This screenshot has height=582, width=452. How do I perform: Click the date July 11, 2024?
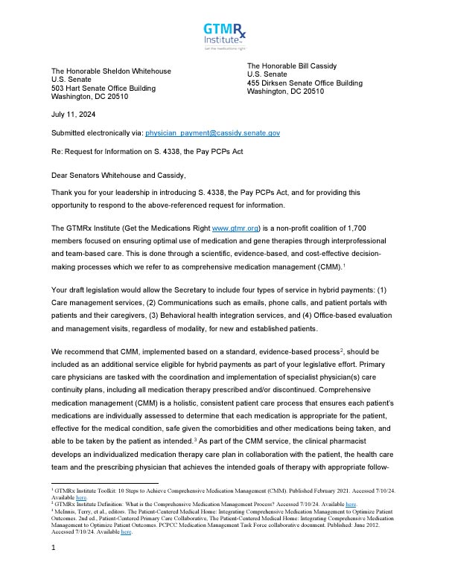(73, 115)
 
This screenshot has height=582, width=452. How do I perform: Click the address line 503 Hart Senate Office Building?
(104, 89)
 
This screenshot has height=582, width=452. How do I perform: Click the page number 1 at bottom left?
(54, 570)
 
